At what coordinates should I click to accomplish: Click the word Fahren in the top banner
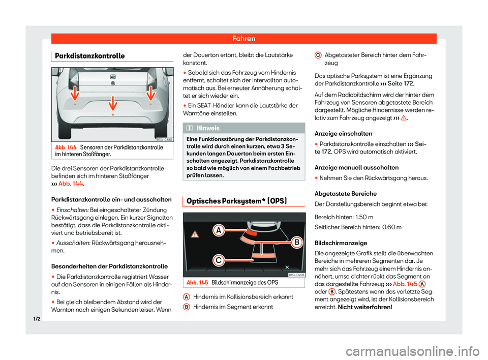click(244, 39)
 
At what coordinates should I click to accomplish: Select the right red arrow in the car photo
click(151, 94)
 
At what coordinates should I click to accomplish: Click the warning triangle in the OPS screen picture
click(195, 235)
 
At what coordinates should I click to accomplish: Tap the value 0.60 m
click(393, 227)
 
